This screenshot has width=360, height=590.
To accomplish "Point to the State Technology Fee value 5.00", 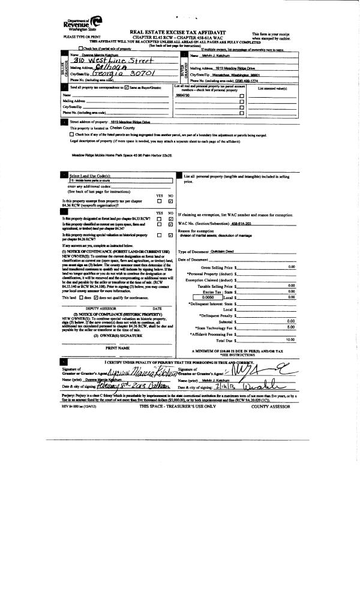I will tap(290, 327).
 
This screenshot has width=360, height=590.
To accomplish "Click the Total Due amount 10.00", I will tap(290, 340).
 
